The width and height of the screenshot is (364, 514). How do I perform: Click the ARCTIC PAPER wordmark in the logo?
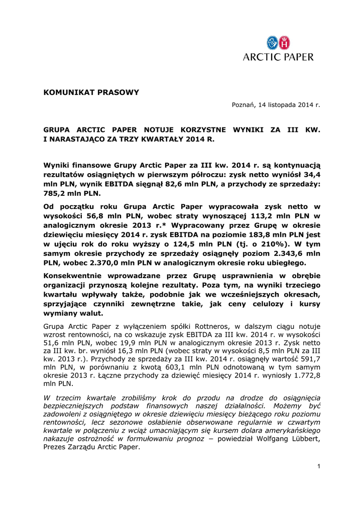pos(279,57)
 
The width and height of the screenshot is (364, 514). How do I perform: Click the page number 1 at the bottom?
pos(318,467)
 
